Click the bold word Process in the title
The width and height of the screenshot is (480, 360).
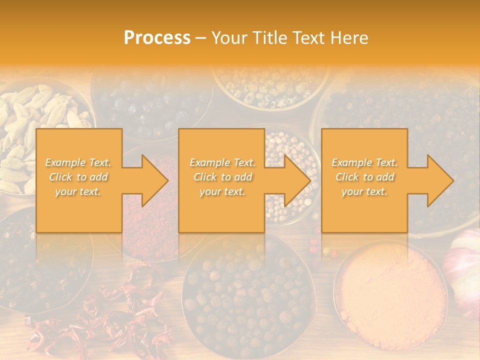(157, 38)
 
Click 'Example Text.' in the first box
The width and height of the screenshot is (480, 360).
(78, 162)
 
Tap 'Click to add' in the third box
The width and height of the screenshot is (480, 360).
(364, 177)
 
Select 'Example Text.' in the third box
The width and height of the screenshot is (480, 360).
(364, 162)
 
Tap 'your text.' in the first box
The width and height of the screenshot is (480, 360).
(78, 191)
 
